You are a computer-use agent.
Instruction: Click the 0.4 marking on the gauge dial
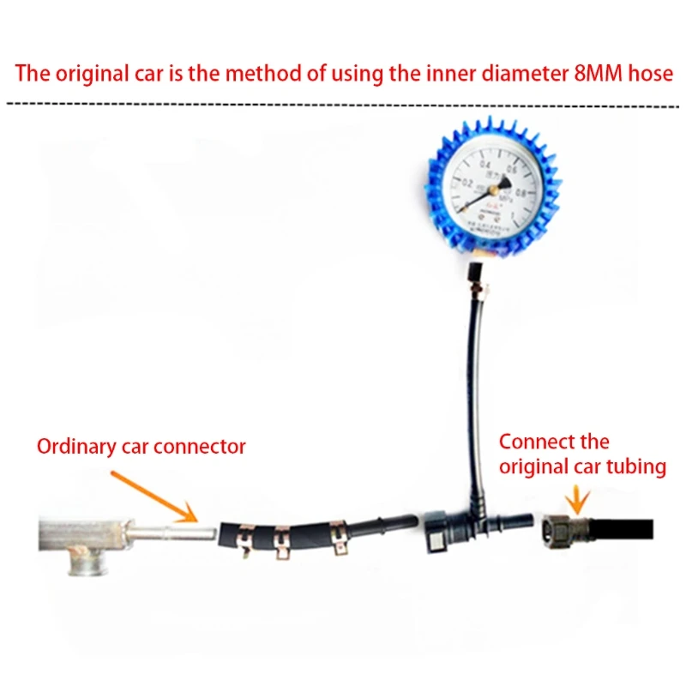tap(486, 164)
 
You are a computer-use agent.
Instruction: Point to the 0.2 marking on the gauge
tap(467, 183)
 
